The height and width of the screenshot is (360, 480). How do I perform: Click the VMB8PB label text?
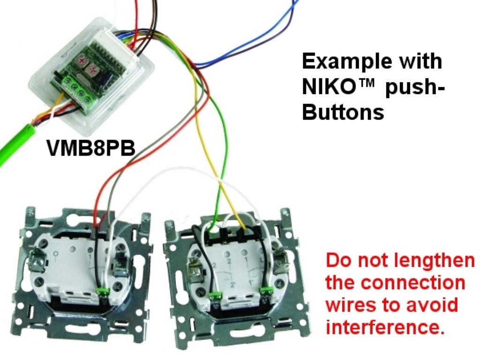(91, 148)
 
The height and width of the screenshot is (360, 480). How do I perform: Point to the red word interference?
(384, 327)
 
